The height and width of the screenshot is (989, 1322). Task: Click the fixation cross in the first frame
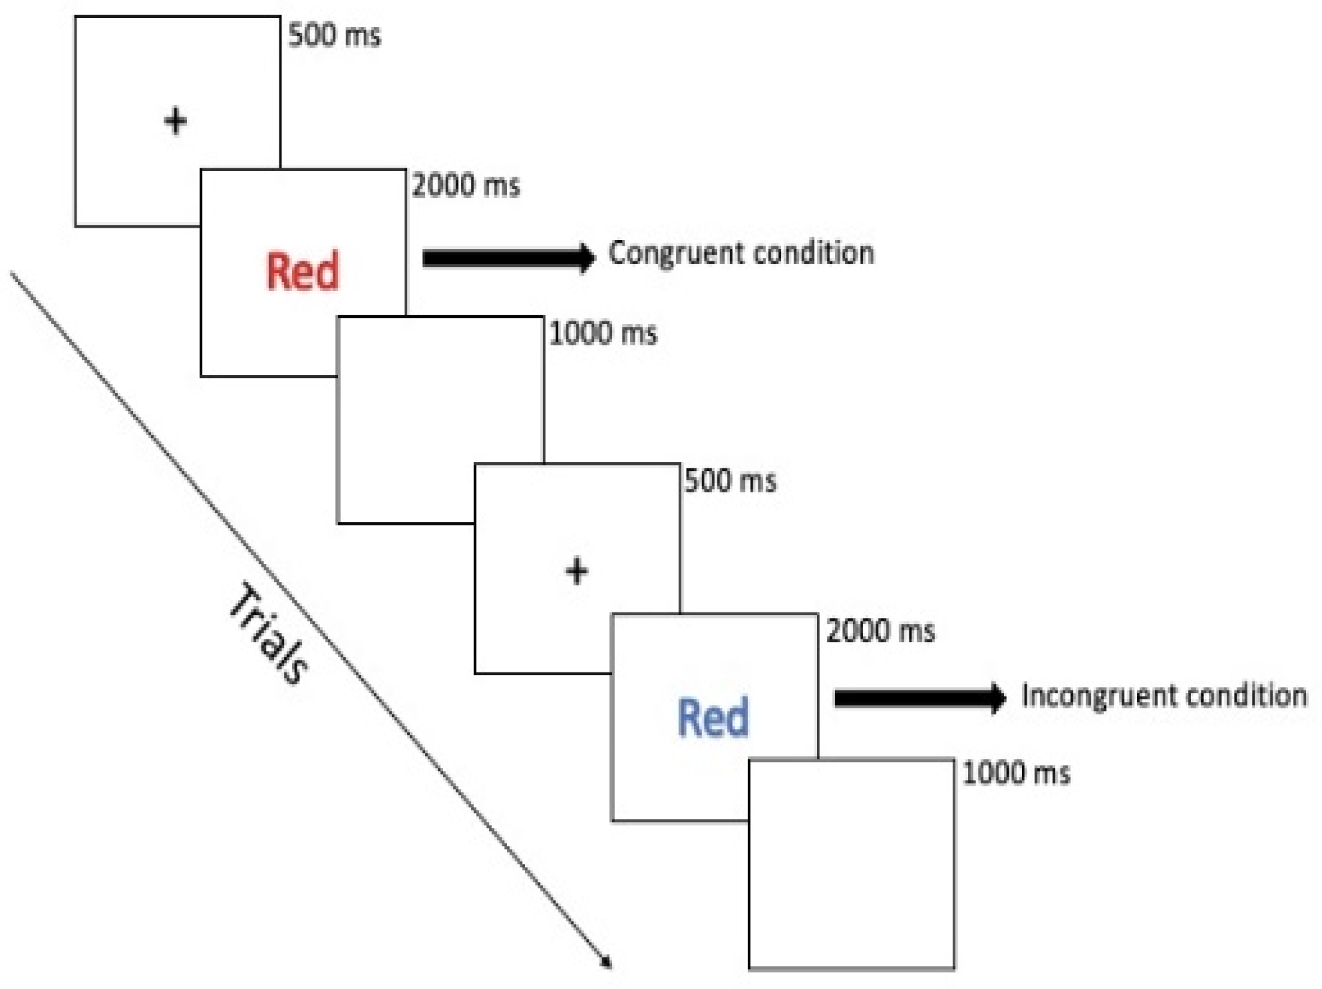click(x=175, y=121)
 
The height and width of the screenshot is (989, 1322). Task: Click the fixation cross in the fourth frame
click(x=577, y=571)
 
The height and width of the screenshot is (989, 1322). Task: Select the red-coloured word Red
click(x=302, y=271)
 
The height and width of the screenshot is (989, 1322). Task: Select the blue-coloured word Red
click(x=713, y=718)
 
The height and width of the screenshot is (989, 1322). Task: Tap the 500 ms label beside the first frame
click(x=334, y=35)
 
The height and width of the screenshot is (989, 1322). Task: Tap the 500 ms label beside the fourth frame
click(x=730, y=481)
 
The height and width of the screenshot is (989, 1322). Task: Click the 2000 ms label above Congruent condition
click(x=466, y=186)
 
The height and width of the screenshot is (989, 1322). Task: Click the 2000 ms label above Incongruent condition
click(x=880, y=631)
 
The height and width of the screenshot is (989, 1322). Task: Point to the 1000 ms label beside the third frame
click(x=603, y=334)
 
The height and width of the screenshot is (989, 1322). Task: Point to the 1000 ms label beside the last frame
click(x=1016, y=773)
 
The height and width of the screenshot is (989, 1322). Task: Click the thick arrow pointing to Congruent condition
click(x=508, y=258)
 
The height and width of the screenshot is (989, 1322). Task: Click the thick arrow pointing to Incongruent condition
click(x=919, y=698)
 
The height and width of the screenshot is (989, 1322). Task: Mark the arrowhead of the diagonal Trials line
click(x=606, y=962)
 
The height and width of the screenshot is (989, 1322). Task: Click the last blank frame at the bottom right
click(x=852, y=864)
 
